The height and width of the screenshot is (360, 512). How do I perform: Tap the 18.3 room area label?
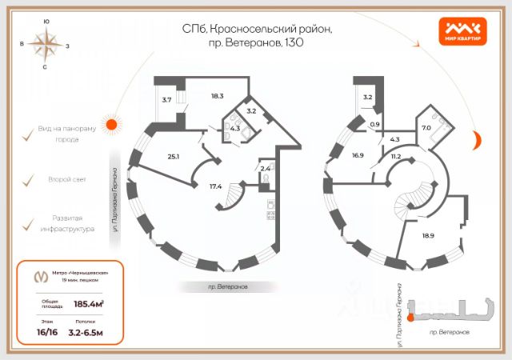[217, 96]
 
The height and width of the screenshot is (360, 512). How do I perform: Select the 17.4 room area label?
[215, 186]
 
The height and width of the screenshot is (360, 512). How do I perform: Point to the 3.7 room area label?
[167, 100]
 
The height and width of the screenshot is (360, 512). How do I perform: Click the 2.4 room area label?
[264, 169]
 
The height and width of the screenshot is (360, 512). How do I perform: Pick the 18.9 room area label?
[429, 237]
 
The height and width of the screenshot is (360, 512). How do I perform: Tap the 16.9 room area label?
[358, 156]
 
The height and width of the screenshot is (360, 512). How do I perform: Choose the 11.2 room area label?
[395, 157]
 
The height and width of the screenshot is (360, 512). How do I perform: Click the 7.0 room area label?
[426, 127]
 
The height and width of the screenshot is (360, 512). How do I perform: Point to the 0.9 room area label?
[374, 124]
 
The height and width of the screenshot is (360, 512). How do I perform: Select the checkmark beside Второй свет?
[27, 180]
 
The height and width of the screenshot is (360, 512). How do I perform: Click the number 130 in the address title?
[293, 42]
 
